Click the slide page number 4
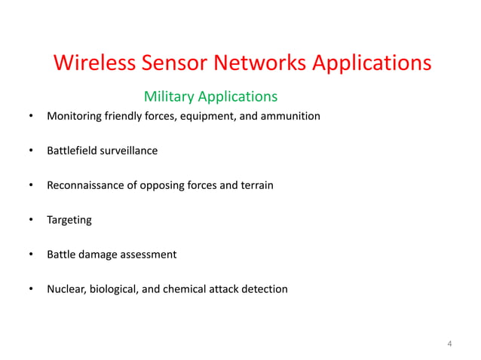point(449,344)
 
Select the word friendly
point(121,116)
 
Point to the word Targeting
point(69,220)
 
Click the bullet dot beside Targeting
point(31,220)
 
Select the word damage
point(100,255)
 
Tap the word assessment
point(149,255)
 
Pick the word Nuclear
point(66,289)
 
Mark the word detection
point(264,289)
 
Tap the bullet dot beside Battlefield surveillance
point(31,151)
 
